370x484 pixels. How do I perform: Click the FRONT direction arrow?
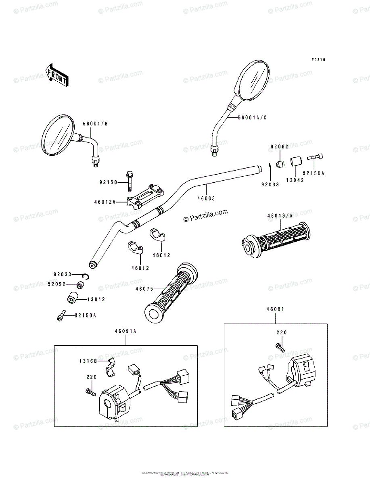pos(56,75)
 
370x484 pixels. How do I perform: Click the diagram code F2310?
pos(318,60)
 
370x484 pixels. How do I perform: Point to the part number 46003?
pos(206,198)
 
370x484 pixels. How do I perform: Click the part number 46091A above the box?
pos(125,331)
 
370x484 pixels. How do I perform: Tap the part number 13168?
pos(88,361)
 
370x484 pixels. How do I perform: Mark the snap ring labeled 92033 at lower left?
pos(85,275)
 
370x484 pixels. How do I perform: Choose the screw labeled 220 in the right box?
pos(279,346)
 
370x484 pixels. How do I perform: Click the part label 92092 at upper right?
pos(279,147)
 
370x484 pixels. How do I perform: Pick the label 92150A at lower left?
pos(85,315)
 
